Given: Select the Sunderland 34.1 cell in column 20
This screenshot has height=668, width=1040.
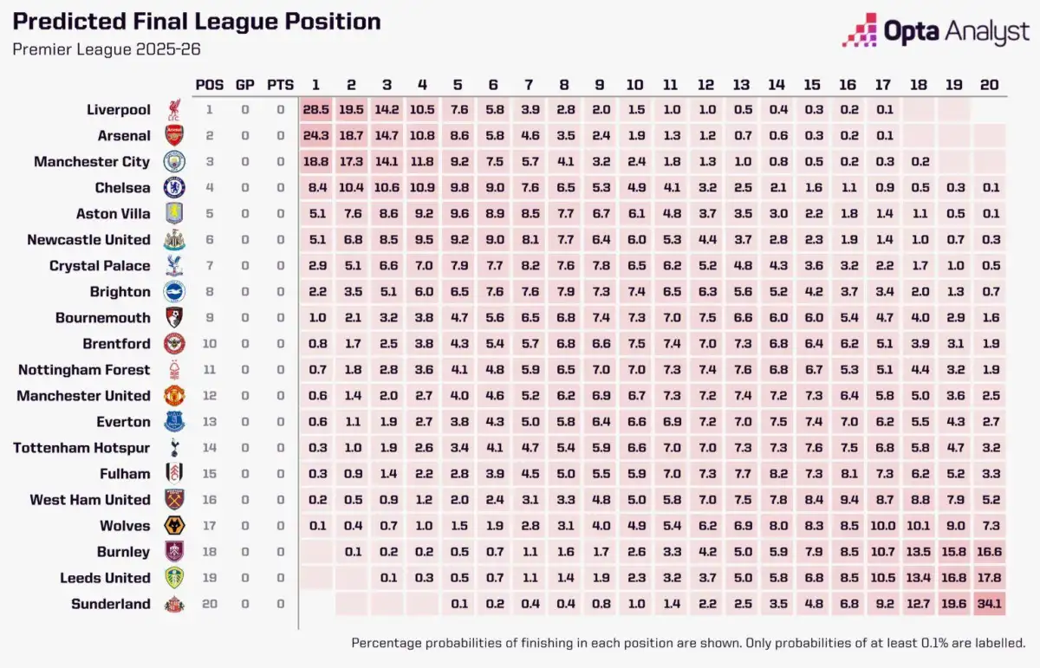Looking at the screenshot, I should [x=989, y=604].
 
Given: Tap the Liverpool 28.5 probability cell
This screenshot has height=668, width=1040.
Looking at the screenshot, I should [x=315, y=110].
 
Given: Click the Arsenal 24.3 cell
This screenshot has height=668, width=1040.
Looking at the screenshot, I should [x=315, y=136].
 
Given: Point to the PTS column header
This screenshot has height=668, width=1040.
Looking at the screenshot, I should [x=280, y=85].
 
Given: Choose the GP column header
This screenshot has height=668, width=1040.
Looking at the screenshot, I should [x=245, y=85].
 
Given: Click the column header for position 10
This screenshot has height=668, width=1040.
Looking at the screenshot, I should [x=635, y=85].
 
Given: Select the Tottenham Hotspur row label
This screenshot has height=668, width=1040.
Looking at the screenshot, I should [x=81, y=448].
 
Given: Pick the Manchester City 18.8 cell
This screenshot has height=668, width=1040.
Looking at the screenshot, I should [x=315, y=162].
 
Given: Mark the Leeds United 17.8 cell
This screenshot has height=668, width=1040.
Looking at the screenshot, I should [x=989, y=578].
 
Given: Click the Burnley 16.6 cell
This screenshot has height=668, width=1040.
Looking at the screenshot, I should [x=989, y=552].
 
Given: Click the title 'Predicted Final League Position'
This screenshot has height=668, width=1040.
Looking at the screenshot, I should [x=196, y=22].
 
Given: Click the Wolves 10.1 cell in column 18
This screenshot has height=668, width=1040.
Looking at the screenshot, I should [x=918, y=526].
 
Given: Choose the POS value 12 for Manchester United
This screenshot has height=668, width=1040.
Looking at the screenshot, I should [x=209, y=396].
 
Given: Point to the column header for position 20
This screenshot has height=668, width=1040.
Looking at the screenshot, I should [x=989, y=85].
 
